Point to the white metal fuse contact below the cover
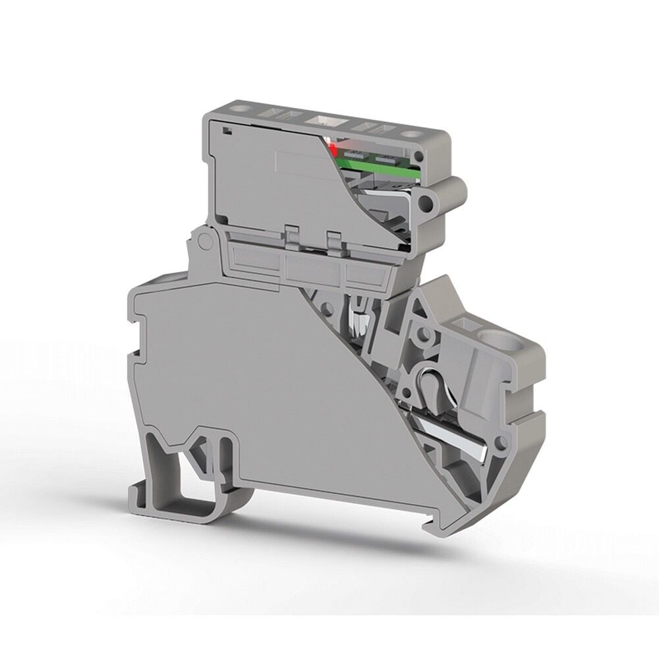[359, 322]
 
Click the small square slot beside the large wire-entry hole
[469, 325]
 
